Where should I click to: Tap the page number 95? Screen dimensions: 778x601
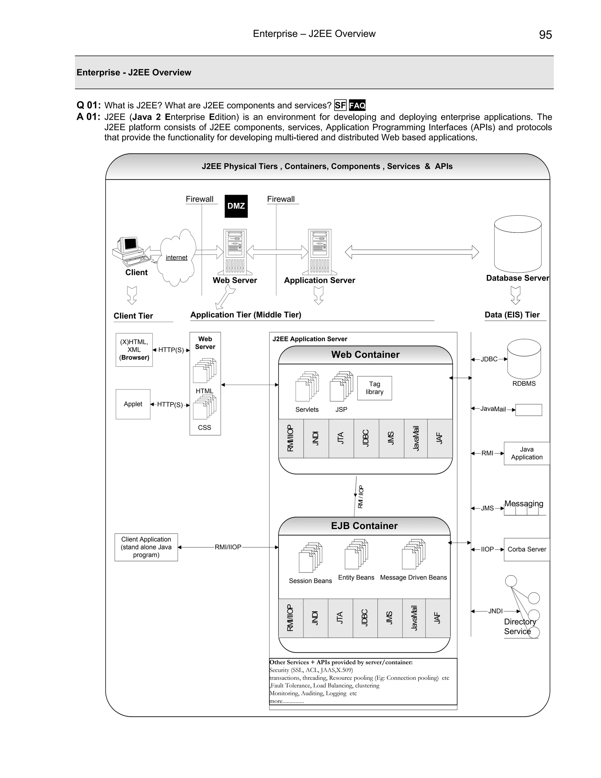click(545, 35)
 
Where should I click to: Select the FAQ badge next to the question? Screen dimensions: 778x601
click(357, 105)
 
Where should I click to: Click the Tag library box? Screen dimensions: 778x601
click(374, 388)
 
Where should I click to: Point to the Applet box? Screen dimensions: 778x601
click(133, 404)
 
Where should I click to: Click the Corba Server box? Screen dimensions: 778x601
click(526, 549)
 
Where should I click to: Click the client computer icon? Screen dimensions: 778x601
click(130, 251)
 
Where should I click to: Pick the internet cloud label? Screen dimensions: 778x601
click(176, 257)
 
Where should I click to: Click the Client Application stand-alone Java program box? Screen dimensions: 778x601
click(146, 547)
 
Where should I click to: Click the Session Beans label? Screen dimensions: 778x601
click(310, 581)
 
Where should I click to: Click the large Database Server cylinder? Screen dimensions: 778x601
click(518, 244)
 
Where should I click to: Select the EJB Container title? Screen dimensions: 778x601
click(364, 526)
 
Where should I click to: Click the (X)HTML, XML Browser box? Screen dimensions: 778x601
click(134, 350)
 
